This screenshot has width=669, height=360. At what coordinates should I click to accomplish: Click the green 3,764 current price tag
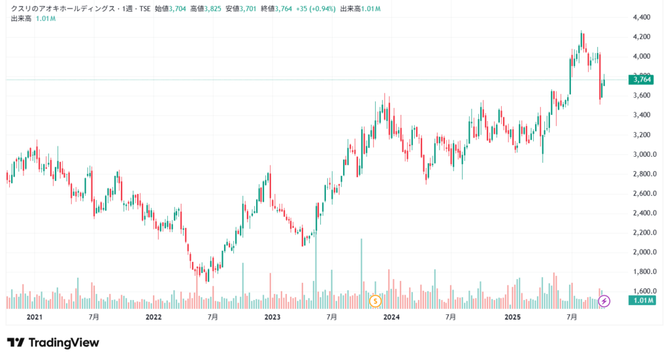click(x=640, y=80)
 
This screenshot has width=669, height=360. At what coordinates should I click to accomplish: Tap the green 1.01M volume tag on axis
click(x=640, y=301)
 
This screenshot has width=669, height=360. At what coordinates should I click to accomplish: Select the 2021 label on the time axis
click(x=34, y=317)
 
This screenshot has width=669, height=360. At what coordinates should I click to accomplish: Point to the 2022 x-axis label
click(x=153, y=317)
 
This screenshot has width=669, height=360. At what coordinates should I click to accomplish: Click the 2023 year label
click(x=272, y=317)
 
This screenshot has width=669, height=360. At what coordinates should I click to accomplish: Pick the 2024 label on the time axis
click(x=391, y=317)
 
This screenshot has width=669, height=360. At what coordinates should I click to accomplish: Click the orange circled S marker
click(x=375, y=301)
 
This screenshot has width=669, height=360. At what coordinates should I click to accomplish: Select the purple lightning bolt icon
click(x=604, y=301)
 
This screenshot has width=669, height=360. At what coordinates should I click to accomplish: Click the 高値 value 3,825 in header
click(x=210, y=8)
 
